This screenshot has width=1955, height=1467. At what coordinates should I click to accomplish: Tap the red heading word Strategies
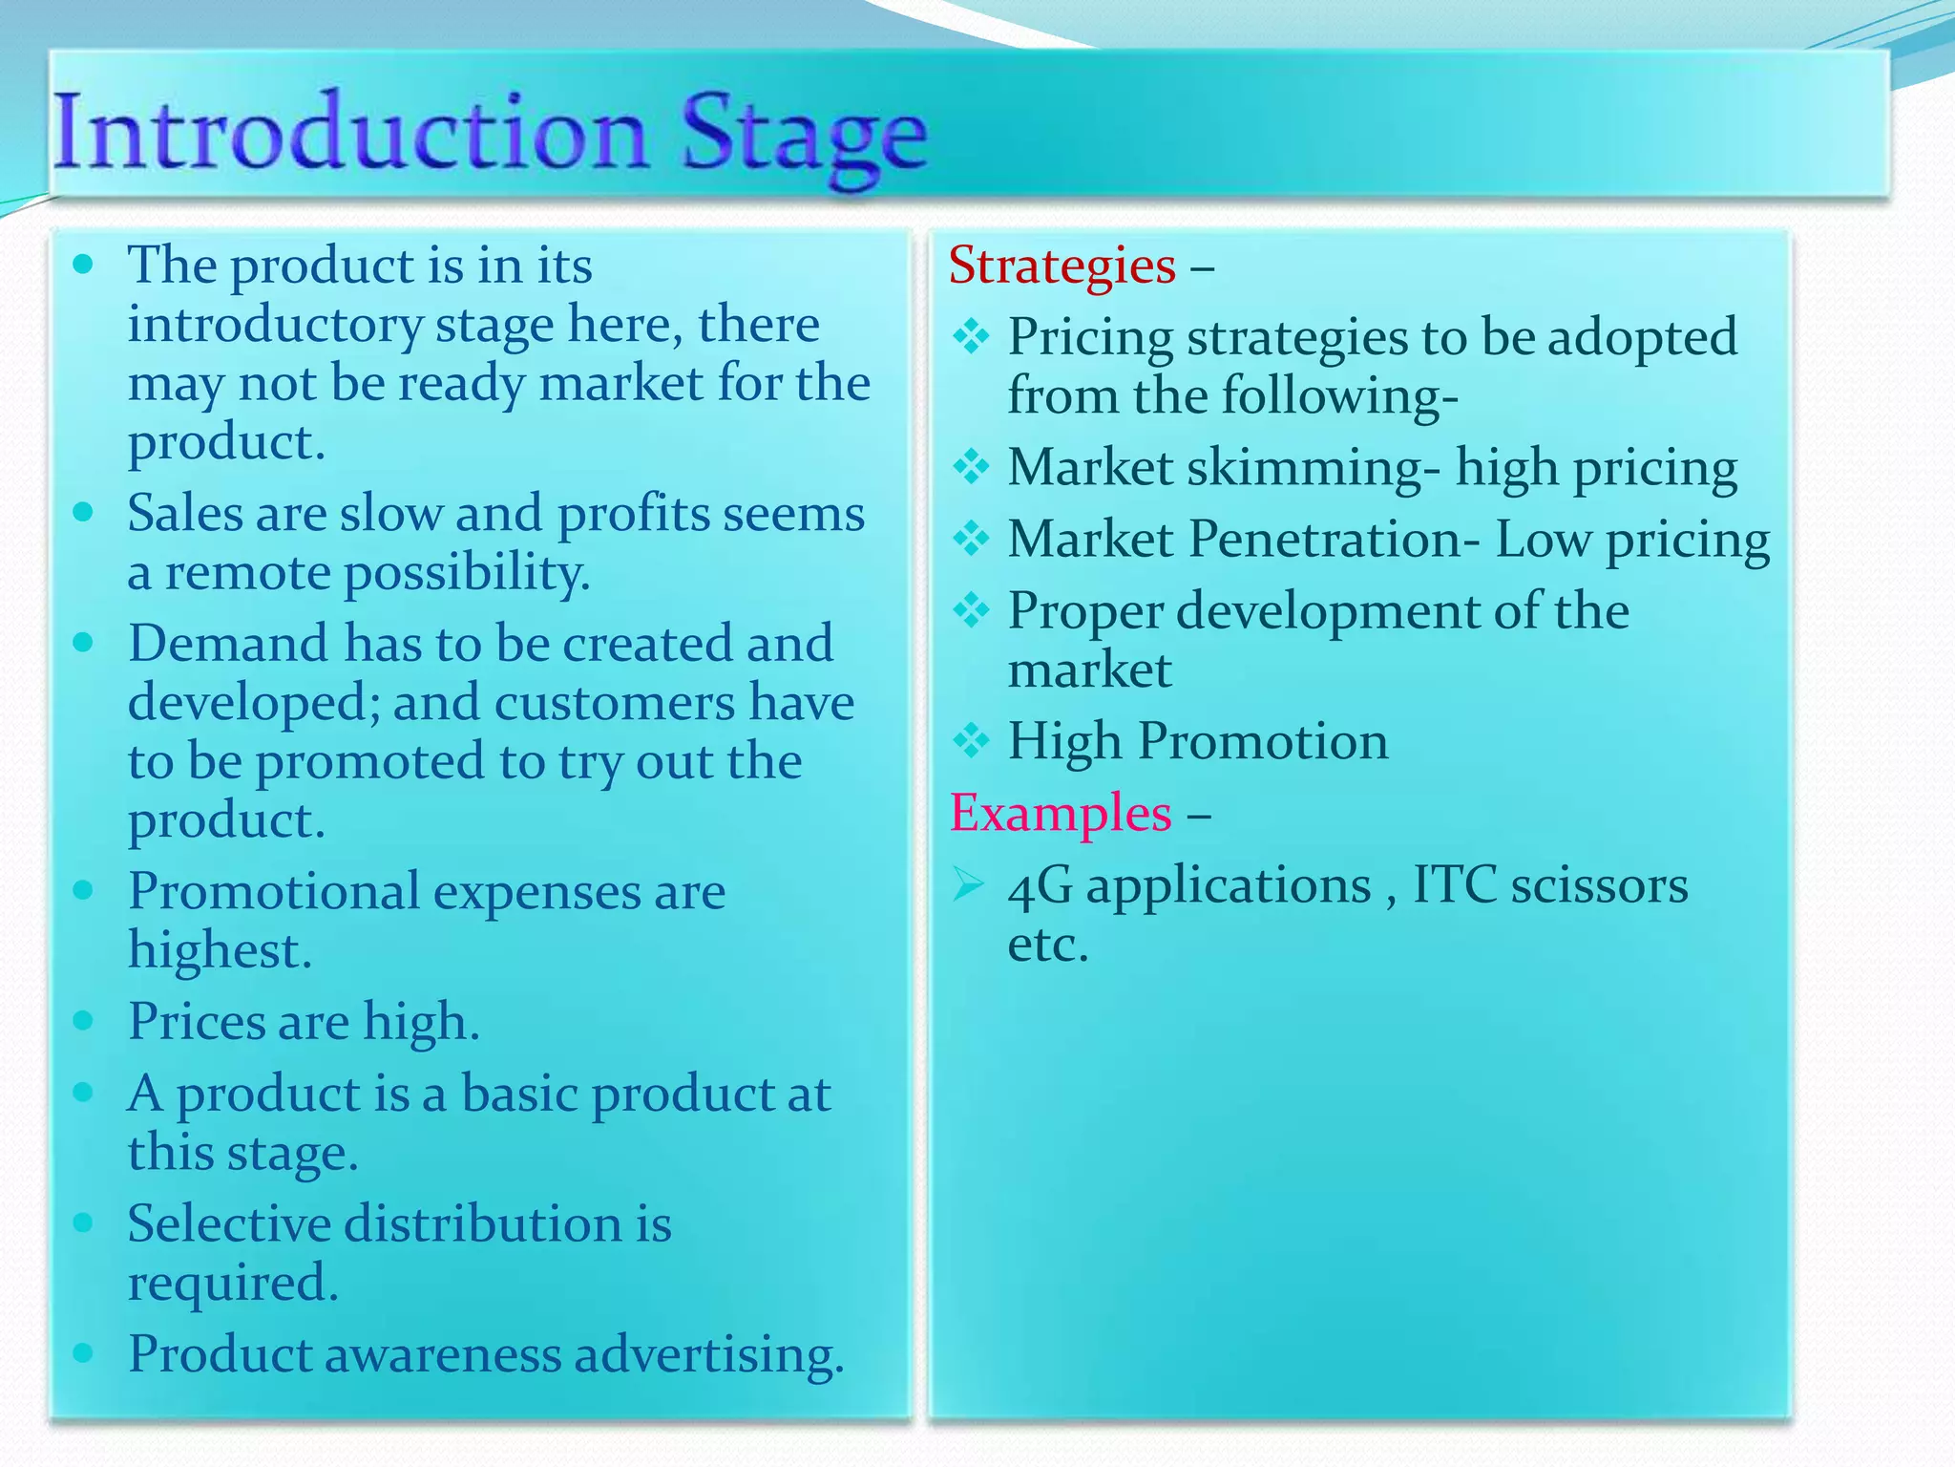click(1062, 266)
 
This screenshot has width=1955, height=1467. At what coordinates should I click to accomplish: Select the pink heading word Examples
click(1061, 814)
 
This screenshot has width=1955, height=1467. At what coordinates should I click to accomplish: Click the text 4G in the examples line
click(1040, 885)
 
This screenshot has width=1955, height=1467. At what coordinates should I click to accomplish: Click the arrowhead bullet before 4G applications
click(968, 885)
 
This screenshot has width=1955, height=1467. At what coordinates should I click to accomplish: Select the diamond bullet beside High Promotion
click(971, 740)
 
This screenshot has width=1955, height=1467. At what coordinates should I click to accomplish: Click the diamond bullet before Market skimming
click(971, 467)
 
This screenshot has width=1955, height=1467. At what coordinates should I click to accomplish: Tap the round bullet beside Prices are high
click(83, 1020)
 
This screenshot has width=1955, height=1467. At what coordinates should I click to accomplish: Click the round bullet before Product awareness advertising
click(83, 1351)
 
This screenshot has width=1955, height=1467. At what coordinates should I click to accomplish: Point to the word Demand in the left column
click(228, 643)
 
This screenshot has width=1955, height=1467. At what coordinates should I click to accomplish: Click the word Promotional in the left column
click(274, 892)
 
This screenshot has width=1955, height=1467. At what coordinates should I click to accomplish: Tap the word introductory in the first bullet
click(275, 325)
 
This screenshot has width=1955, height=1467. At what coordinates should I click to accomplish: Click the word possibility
click(467, 573)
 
